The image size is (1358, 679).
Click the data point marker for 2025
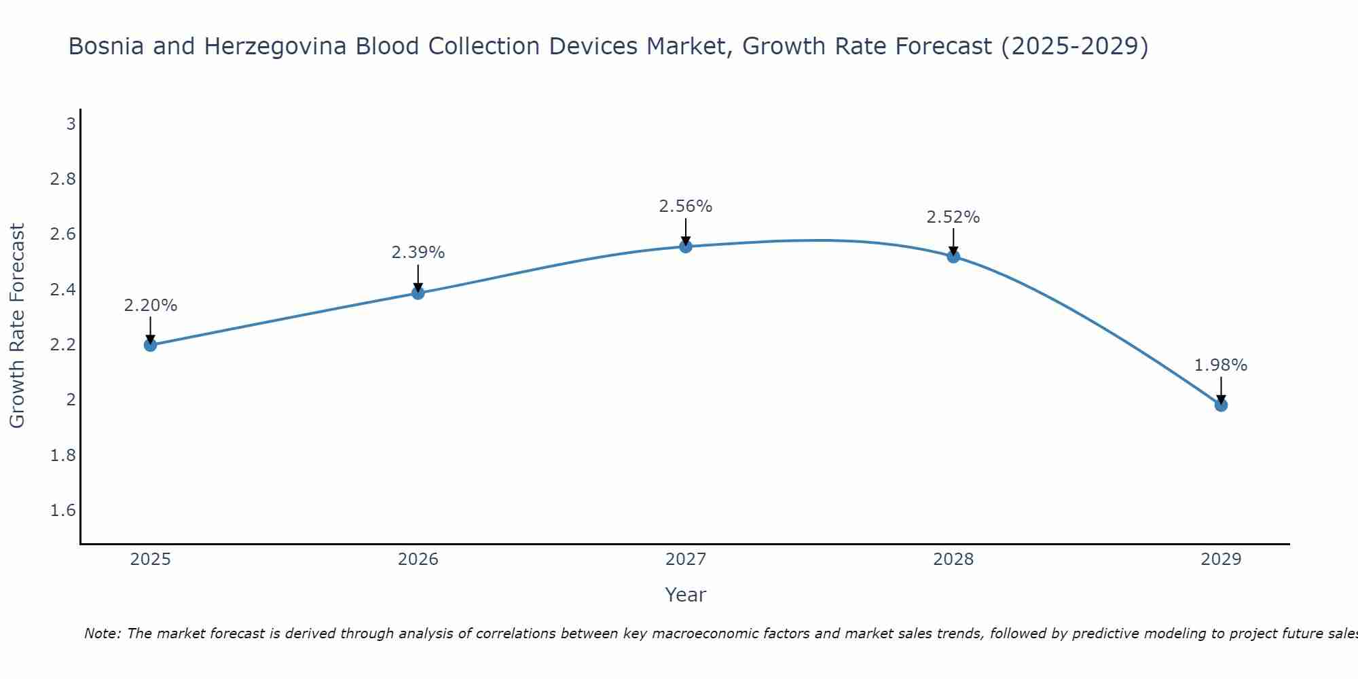pos(151,345)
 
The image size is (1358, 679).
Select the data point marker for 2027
pos(686,246)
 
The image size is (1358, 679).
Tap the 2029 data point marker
pos(1221,405)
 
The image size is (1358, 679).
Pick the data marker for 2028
pos(953,257)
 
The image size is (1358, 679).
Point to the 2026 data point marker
pos(418,293)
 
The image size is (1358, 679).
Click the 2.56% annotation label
pos(686,206)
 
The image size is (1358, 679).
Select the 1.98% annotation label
pos(1221,365)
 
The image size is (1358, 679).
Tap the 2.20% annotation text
pos(151,306)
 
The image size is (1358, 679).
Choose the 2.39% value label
pos(418,253)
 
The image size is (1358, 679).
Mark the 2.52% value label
pos(953,217)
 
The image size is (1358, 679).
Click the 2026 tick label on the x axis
pos(418,559)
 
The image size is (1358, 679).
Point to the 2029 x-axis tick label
pos(1221,559)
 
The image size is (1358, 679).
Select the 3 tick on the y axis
pos(71,124)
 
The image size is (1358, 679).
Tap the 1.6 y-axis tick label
pos(63,511)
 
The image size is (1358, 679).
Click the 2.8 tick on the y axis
pos(63,179)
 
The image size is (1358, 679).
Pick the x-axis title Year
pos(686,595)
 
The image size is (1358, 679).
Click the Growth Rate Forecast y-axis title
pos(18,326)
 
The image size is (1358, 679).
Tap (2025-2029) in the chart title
pos(1075,46)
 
